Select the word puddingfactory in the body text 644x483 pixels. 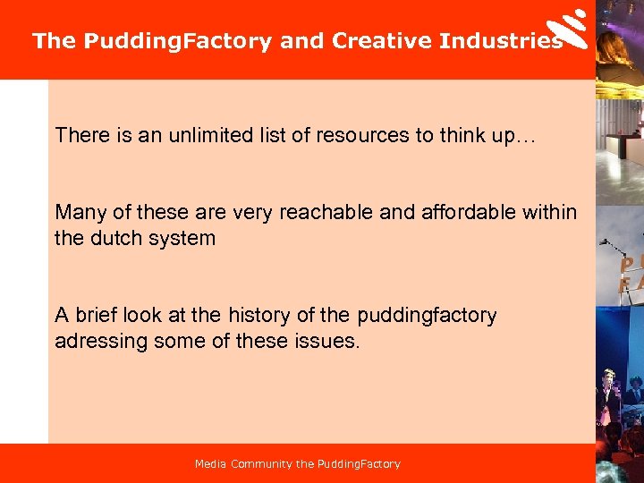click(x=427, y=315)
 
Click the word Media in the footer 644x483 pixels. click(x=211, y=464)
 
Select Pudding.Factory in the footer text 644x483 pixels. click(x=359, y=464)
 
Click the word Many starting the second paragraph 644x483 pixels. click(x=78, y=212)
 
